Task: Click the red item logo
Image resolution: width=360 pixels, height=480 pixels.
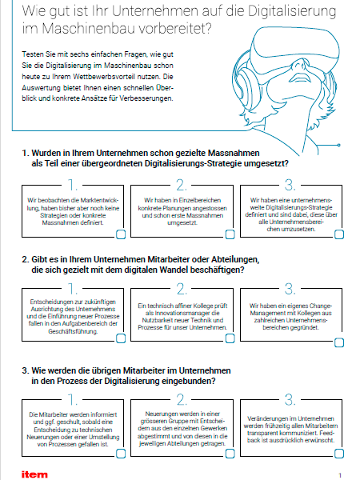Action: pyautogui.click(x=34, y=474)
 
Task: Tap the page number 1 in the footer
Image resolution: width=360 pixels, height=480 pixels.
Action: pyautogui.click(x=340, y=475)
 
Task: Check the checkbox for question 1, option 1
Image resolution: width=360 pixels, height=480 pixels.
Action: pyautogui.click(x=121, y=234)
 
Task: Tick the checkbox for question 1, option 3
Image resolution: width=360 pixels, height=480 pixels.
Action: pyautogui.click(x=339, y=234)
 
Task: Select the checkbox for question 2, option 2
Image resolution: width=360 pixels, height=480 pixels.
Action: pyautogui.click(x=230, y=338)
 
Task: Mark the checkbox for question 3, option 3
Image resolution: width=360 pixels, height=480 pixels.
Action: pyautogui.click(x=339, y=454)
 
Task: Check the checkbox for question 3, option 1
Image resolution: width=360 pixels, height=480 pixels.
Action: pyautogui.click(x=121, y=454)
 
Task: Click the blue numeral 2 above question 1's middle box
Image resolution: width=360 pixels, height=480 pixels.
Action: pyautogui.click(x=182, y=185)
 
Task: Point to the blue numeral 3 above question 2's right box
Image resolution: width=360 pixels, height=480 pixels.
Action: pyautogui.click(x=290, y=289)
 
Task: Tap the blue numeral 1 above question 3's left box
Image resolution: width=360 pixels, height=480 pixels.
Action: pyautogui.click(x=72, y=399)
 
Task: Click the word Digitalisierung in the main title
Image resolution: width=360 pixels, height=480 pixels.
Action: pyautogui.click(x=292, y=12)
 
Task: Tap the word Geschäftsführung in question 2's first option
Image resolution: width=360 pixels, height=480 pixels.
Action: pyautogui.click(x=73, y=331)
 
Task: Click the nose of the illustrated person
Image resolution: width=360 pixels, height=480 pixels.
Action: pyautogui.click(x=298, y=65)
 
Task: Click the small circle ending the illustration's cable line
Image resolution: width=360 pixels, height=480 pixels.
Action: pyautogui.click(x=339, y=145)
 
